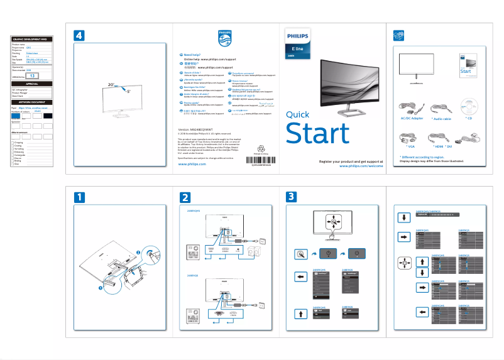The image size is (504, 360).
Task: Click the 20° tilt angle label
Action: pos(111,84)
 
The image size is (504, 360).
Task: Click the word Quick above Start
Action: pos(297,114)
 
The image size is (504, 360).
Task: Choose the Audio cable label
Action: pos(442,118)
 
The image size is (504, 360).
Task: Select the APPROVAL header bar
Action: pos(31,84)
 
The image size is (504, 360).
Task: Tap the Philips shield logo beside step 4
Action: pos(224,38)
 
